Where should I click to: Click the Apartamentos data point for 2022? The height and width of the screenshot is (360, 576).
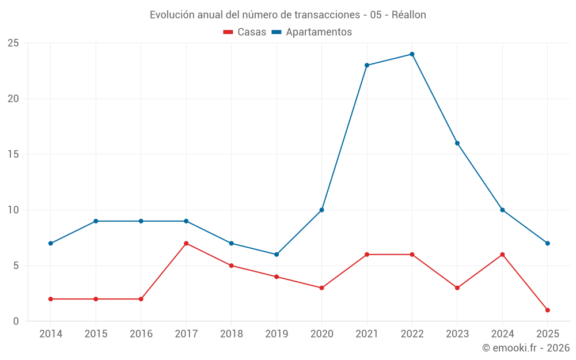[412, 54]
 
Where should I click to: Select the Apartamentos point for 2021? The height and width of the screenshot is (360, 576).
[367, 65]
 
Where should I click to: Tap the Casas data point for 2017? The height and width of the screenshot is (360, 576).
[186, 243]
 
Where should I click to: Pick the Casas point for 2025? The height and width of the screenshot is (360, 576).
[547, 310]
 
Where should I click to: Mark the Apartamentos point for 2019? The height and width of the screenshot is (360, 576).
[276, 255]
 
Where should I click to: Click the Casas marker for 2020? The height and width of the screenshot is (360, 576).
[321, 288]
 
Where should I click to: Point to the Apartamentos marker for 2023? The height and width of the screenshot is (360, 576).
[457, 143]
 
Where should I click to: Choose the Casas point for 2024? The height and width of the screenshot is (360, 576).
[502, 255]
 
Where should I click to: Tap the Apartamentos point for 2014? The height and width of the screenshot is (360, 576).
[51, 243]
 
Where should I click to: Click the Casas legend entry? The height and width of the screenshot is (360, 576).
[245, 32]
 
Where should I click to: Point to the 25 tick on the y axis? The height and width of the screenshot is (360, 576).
[13, 43]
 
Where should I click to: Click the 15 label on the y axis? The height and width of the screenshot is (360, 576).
[13, 154]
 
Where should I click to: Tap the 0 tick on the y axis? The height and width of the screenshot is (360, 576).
[16, 321]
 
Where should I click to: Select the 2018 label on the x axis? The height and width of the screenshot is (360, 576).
[231, 334]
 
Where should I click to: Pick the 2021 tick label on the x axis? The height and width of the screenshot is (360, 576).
[367, 334]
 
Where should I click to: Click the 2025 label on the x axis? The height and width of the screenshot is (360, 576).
[547, 334]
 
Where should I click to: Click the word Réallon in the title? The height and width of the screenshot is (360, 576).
[409, 15]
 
